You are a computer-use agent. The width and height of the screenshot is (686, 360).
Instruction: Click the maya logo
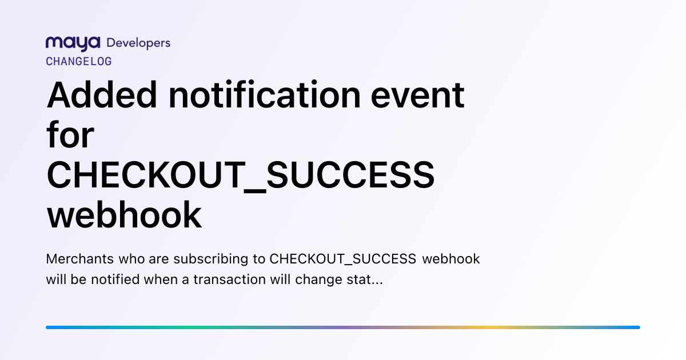(x=73, y=44)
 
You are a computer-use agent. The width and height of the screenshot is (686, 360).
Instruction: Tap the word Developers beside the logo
(x=138, y=43)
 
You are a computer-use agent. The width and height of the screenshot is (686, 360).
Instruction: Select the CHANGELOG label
(x=79, y=62)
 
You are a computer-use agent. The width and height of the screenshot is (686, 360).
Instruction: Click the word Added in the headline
(x=102, y=95)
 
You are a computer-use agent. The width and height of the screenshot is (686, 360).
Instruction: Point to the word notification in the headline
(x=265, y=95)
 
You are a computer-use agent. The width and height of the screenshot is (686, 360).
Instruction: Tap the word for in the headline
(x=70, y=134)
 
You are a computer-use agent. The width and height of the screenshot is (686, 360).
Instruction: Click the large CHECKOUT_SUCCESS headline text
(x=241, y=176)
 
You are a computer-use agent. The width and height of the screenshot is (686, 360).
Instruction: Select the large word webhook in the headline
(x=124, y=214)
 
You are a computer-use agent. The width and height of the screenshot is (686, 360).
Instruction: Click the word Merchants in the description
(x=80, y=259)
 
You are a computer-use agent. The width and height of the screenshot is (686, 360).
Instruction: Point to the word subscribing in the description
(x=211, y=259)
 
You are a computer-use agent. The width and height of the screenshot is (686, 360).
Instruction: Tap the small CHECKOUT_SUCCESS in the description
(x=342, y=259)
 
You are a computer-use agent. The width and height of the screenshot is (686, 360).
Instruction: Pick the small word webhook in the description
(x=451, y=259)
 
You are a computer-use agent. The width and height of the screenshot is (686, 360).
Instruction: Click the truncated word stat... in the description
(x=365, y=280)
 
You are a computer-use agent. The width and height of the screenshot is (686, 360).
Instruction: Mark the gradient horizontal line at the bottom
(x=343, y=327)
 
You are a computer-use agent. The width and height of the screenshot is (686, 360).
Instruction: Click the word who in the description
(x=131, y=259)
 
